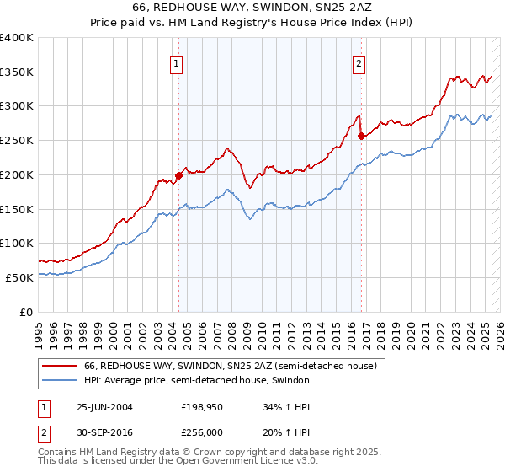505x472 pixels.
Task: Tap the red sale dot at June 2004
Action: pos(178,175)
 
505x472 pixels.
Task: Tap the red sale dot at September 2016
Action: pos(361,136)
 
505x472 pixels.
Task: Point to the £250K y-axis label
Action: pos(17,140)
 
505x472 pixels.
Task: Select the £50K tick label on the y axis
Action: pos(20,277)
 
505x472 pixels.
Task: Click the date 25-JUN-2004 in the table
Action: pos(104,406)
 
